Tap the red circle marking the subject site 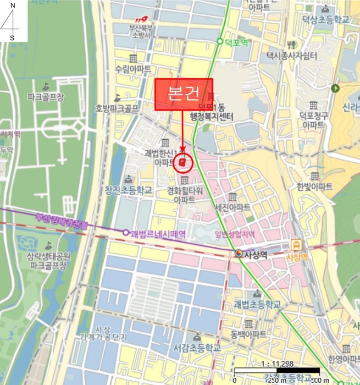pyautogui.click(x=182, y=163)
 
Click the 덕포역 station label pyautogui.click(x=237, y=41)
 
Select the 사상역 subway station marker pyautogui.click(x=239, y=253)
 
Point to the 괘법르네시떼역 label pyautogui.click(x=158, y=234)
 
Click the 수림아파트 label pyautogui.click(x=132, y=70)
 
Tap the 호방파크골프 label pyautogui.click(x=117, y=108)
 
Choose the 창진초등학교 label pyautogui.click(x=128, y=190)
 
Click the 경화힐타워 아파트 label pyautogui.click(x=185, y=195)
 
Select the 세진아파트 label pyautogui.click(x=232, y=207)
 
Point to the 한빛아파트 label pyautogui.click(x=314, y=186)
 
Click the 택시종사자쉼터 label pyautogui.click(x=292, y=56)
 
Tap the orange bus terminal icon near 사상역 pyautogui.click(x=297, y=244)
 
